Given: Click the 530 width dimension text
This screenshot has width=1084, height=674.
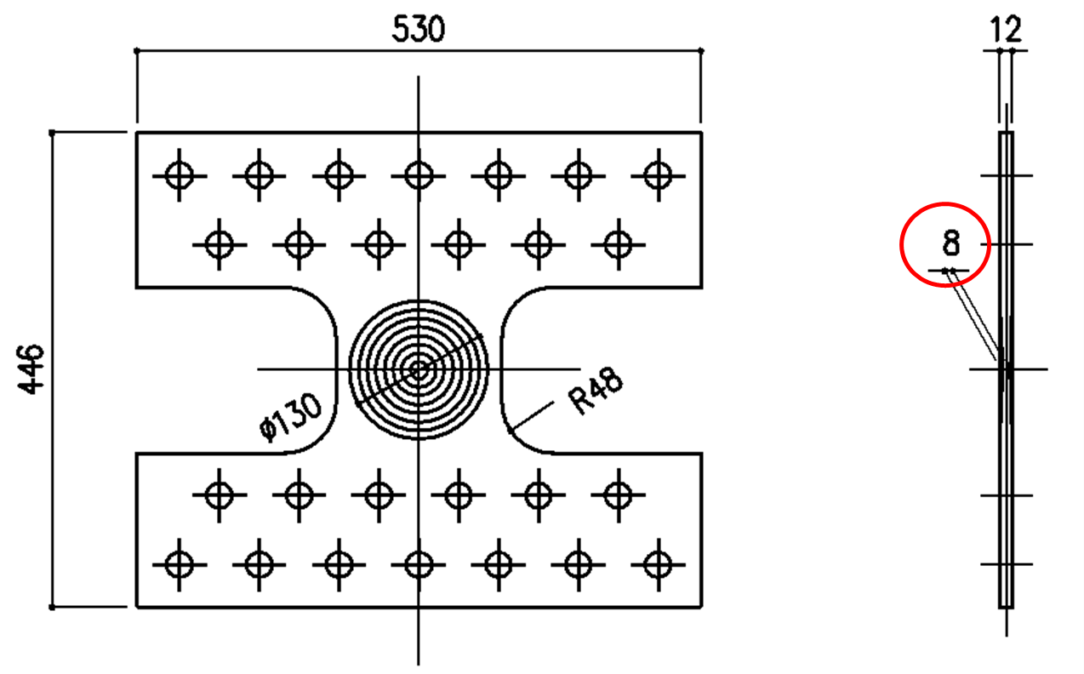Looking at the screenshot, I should click(418, 30).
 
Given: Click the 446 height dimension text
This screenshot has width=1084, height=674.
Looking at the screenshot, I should click(31, 369).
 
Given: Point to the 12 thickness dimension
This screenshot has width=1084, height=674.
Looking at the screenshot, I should click(1005, 30).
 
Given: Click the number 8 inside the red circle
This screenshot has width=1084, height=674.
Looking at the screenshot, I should click(950, 244).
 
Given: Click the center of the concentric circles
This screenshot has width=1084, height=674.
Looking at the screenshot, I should click(418, 369).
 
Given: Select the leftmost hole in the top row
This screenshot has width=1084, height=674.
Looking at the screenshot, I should click(179, 176).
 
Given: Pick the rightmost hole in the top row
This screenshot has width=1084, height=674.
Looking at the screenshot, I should click(657, 176).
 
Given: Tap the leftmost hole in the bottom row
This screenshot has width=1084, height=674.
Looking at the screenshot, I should click(179, 563).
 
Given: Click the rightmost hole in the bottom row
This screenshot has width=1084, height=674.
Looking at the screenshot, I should click(657, 563).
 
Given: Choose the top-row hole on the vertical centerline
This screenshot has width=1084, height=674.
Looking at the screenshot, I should click(418, 176).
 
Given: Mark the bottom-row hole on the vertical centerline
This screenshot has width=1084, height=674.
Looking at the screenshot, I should click(418, 563).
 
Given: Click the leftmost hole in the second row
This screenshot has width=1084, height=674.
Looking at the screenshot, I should click(220, 244).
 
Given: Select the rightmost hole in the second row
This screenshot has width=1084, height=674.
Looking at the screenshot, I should click(617, 244).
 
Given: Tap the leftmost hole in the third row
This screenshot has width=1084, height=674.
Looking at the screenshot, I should click(220, 494).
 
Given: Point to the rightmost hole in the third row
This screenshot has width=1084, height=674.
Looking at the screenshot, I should click(617, 494).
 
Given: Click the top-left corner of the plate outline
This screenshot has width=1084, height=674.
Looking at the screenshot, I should click(137, 133).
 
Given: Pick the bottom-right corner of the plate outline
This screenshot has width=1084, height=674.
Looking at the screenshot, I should click(701, 607).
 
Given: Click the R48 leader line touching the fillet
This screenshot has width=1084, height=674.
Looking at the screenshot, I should click(529, 417).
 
